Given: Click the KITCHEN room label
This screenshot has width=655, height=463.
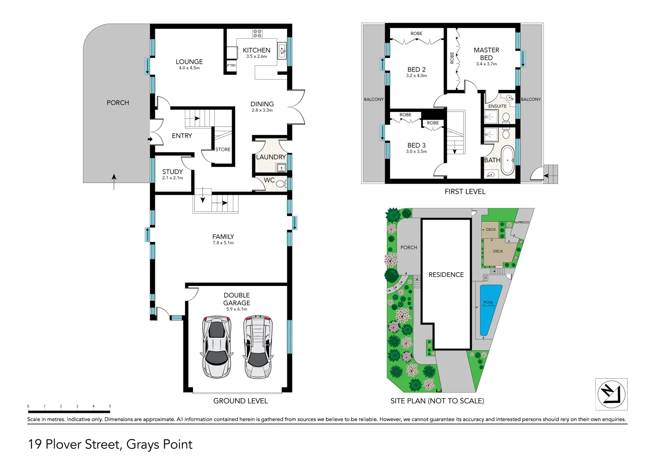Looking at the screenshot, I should pyautogui.click(x=257, y=50).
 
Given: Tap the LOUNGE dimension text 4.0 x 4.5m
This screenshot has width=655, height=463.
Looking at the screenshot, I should pyautogui.click(x=189, y=68).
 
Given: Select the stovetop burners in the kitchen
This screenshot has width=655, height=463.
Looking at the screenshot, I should pyautogui.click(x=257, y=33).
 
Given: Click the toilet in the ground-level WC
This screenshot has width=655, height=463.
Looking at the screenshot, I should pyautogui.click(x=281, y=184).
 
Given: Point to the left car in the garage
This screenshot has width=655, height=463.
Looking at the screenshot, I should pyautogui.click(x=216, y=347).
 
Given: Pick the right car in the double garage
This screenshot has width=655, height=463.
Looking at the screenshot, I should pyautogui.click(x=257, y=347).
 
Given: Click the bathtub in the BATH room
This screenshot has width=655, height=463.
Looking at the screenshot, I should pyautogui.click(x=508, y=160).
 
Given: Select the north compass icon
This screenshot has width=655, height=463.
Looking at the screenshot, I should pyautogui.click(x=611, y=394).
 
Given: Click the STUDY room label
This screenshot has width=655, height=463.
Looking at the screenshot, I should pyautogui.click(x=172, y=171).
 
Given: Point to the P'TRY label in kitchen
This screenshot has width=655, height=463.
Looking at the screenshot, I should pyautogui.click(x=232, y=66).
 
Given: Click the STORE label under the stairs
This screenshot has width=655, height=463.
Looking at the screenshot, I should pyautogui.click(x=223, y=150).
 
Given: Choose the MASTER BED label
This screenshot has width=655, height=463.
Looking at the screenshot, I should pyautogui.click(x=486, y=54).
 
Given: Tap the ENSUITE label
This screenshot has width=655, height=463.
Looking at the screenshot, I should pyautogui.click(x=497, y=106).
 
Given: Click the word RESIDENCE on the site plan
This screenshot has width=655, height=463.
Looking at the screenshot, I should pyautogui.click(x=446, y=275).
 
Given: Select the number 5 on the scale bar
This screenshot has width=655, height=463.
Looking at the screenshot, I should pyautogui.click(x=110, y=406).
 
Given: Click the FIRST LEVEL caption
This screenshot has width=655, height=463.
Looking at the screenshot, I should pyautogui.click(x=465, y=192).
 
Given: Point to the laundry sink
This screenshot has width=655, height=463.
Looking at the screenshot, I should pyautogui.click(x=281, y=168).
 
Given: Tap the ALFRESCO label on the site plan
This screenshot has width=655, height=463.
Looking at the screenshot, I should pyautogui.click(x=522, y=222).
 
